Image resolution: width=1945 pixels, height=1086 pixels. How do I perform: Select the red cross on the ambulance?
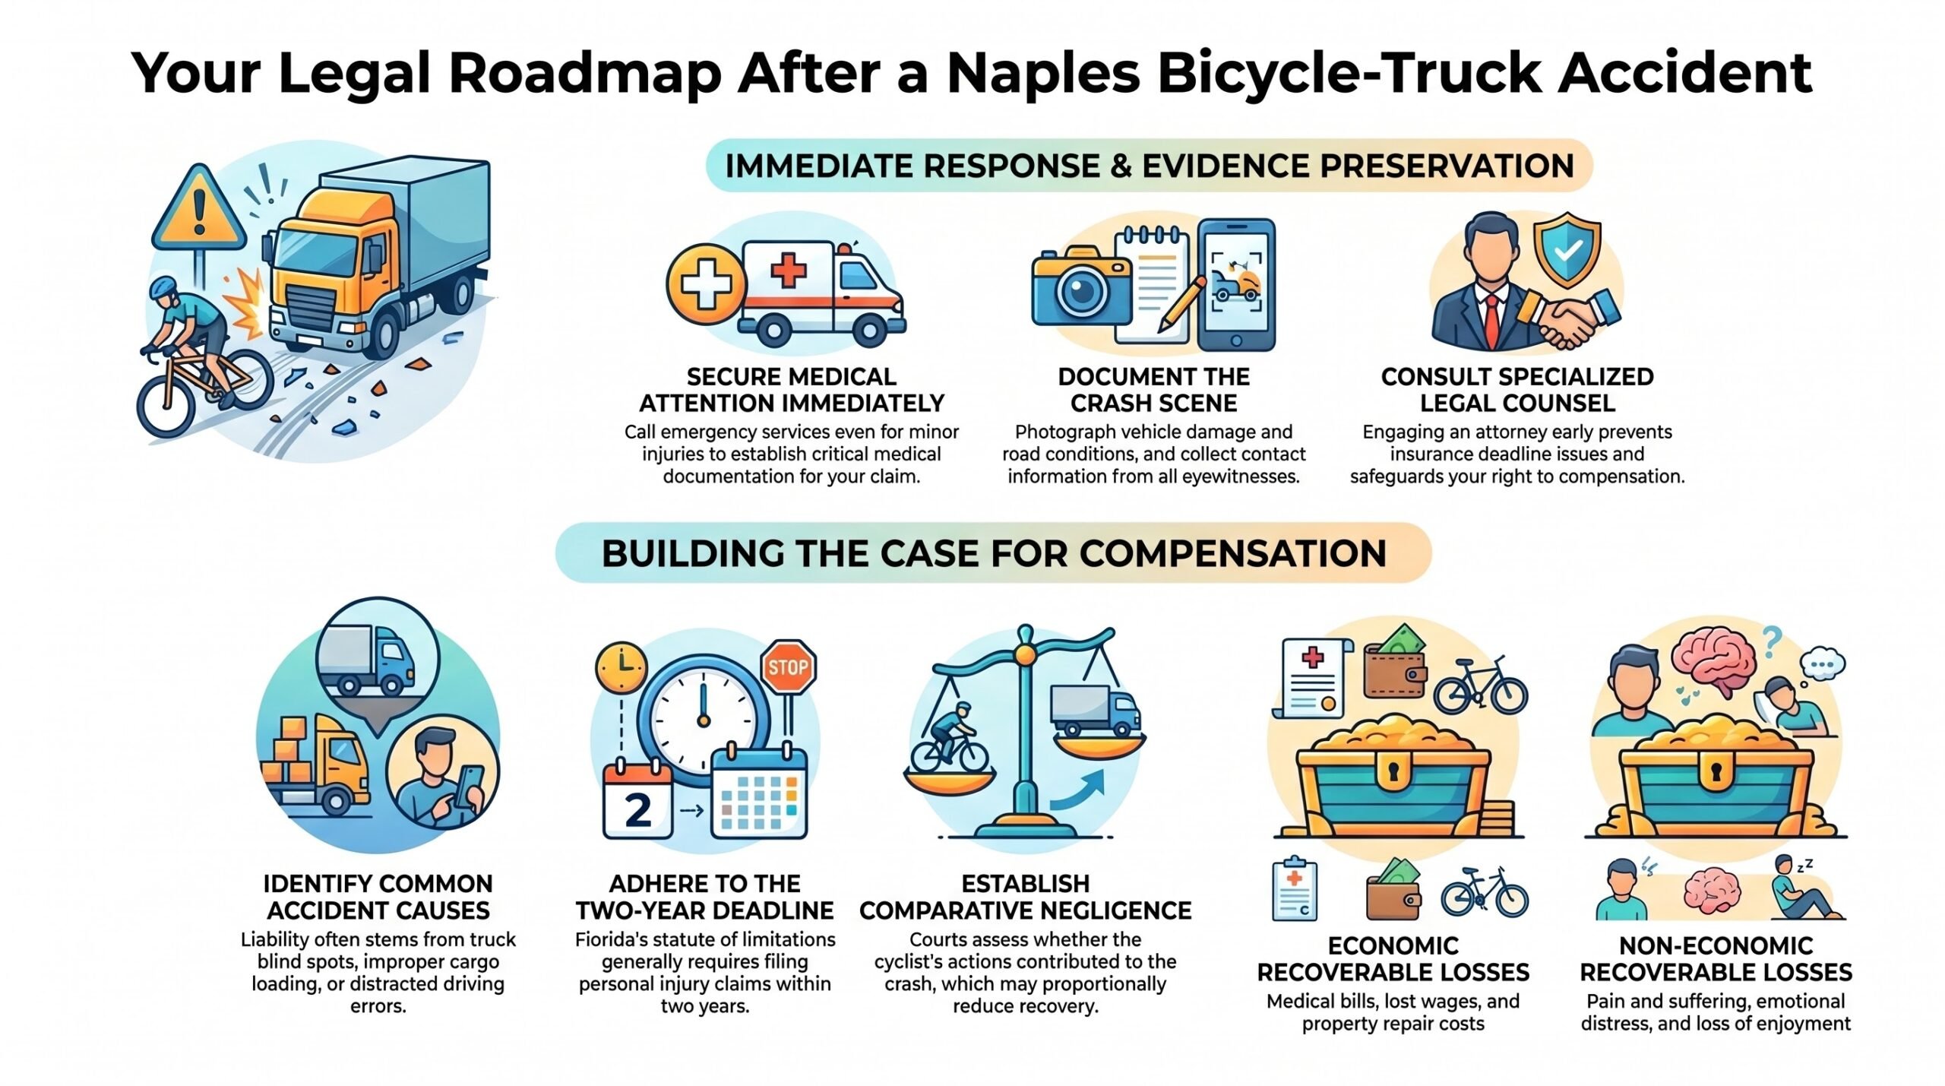(788, 270)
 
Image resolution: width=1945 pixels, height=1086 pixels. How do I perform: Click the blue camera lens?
(1081, 290)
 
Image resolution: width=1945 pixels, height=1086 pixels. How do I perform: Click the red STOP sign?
(788, 667)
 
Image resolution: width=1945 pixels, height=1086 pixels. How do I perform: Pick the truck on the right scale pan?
(1095, 710)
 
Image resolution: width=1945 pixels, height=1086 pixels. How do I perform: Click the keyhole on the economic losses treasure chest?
(1393, 772)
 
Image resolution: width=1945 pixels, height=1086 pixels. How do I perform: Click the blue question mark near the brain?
(1772, 643)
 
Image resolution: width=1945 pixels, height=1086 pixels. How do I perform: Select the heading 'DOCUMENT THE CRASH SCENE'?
(1153, 389)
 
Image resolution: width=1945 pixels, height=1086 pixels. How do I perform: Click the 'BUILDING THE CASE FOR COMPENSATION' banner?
(994, 552)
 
